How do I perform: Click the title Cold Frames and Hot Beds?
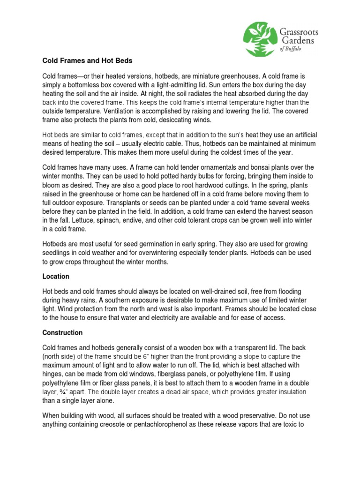coord(88,60)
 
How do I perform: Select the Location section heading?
coord(56,277)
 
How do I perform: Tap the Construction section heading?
coord(62,333)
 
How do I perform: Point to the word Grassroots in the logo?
coord(299,32)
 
